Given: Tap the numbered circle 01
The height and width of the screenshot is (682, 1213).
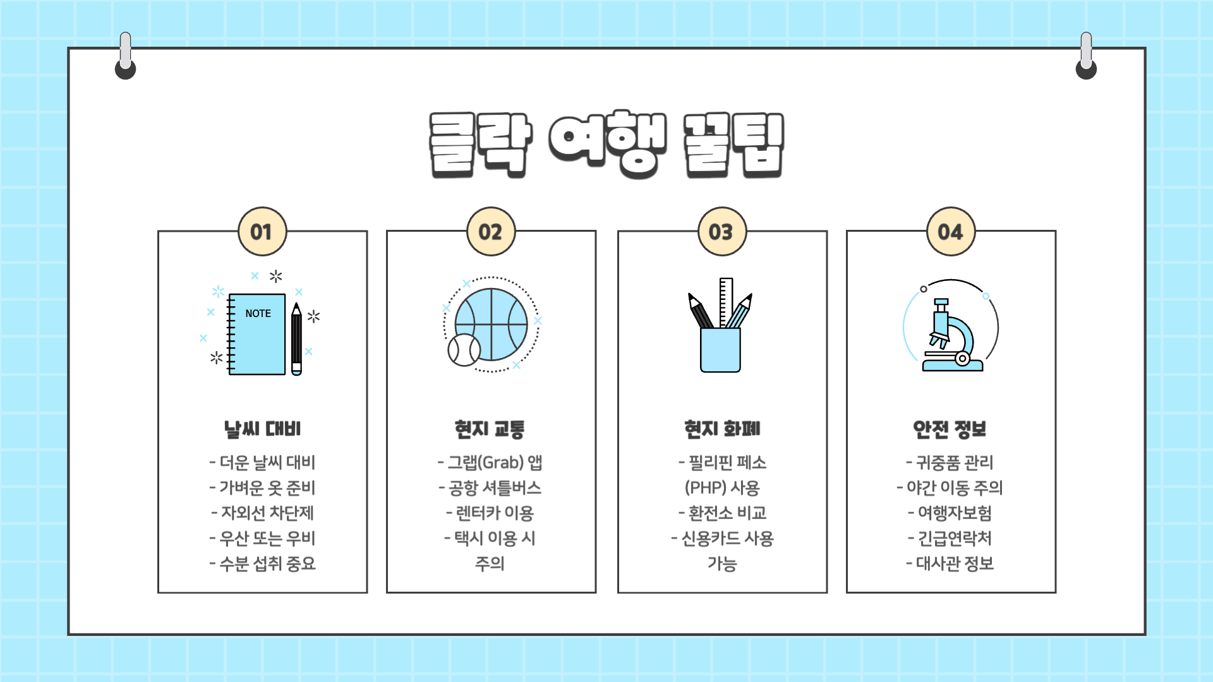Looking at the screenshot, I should point(262,232).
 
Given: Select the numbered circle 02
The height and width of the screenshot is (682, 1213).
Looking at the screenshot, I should point(491,232).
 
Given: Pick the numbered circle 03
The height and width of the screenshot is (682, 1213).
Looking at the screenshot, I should point(722,232).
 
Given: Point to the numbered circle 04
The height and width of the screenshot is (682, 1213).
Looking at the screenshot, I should point(951,232).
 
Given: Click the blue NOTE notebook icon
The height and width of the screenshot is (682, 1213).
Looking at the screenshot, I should point(257,335).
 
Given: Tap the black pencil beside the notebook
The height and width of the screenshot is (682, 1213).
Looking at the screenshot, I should point(296,339).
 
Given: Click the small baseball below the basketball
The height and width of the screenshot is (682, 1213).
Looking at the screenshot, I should point(464,350).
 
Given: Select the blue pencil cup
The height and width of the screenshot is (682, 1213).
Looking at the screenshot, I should point(720,350).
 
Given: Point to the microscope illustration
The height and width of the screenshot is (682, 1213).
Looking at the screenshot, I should point(951,335).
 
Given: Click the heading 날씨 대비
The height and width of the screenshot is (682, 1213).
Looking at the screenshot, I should point(262,429).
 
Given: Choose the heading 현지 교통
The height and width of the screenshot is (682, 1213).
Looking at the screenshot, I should point(490,429).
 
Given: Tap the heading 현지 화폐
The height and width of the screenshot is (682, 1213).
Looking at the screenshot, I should point(722,429).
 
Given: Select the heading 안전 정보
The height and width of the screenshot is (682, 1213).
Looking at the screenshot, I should point(950,429).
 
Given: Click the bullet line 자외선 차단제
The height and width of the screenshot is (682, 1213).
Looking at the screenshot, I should point(262,513).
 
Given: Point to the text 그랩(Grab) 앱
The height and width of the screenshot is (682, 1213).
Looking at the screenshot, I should point(490,463).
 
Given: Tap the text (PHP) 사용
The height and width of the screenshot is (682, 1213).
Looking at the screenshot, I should point(722,488).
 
